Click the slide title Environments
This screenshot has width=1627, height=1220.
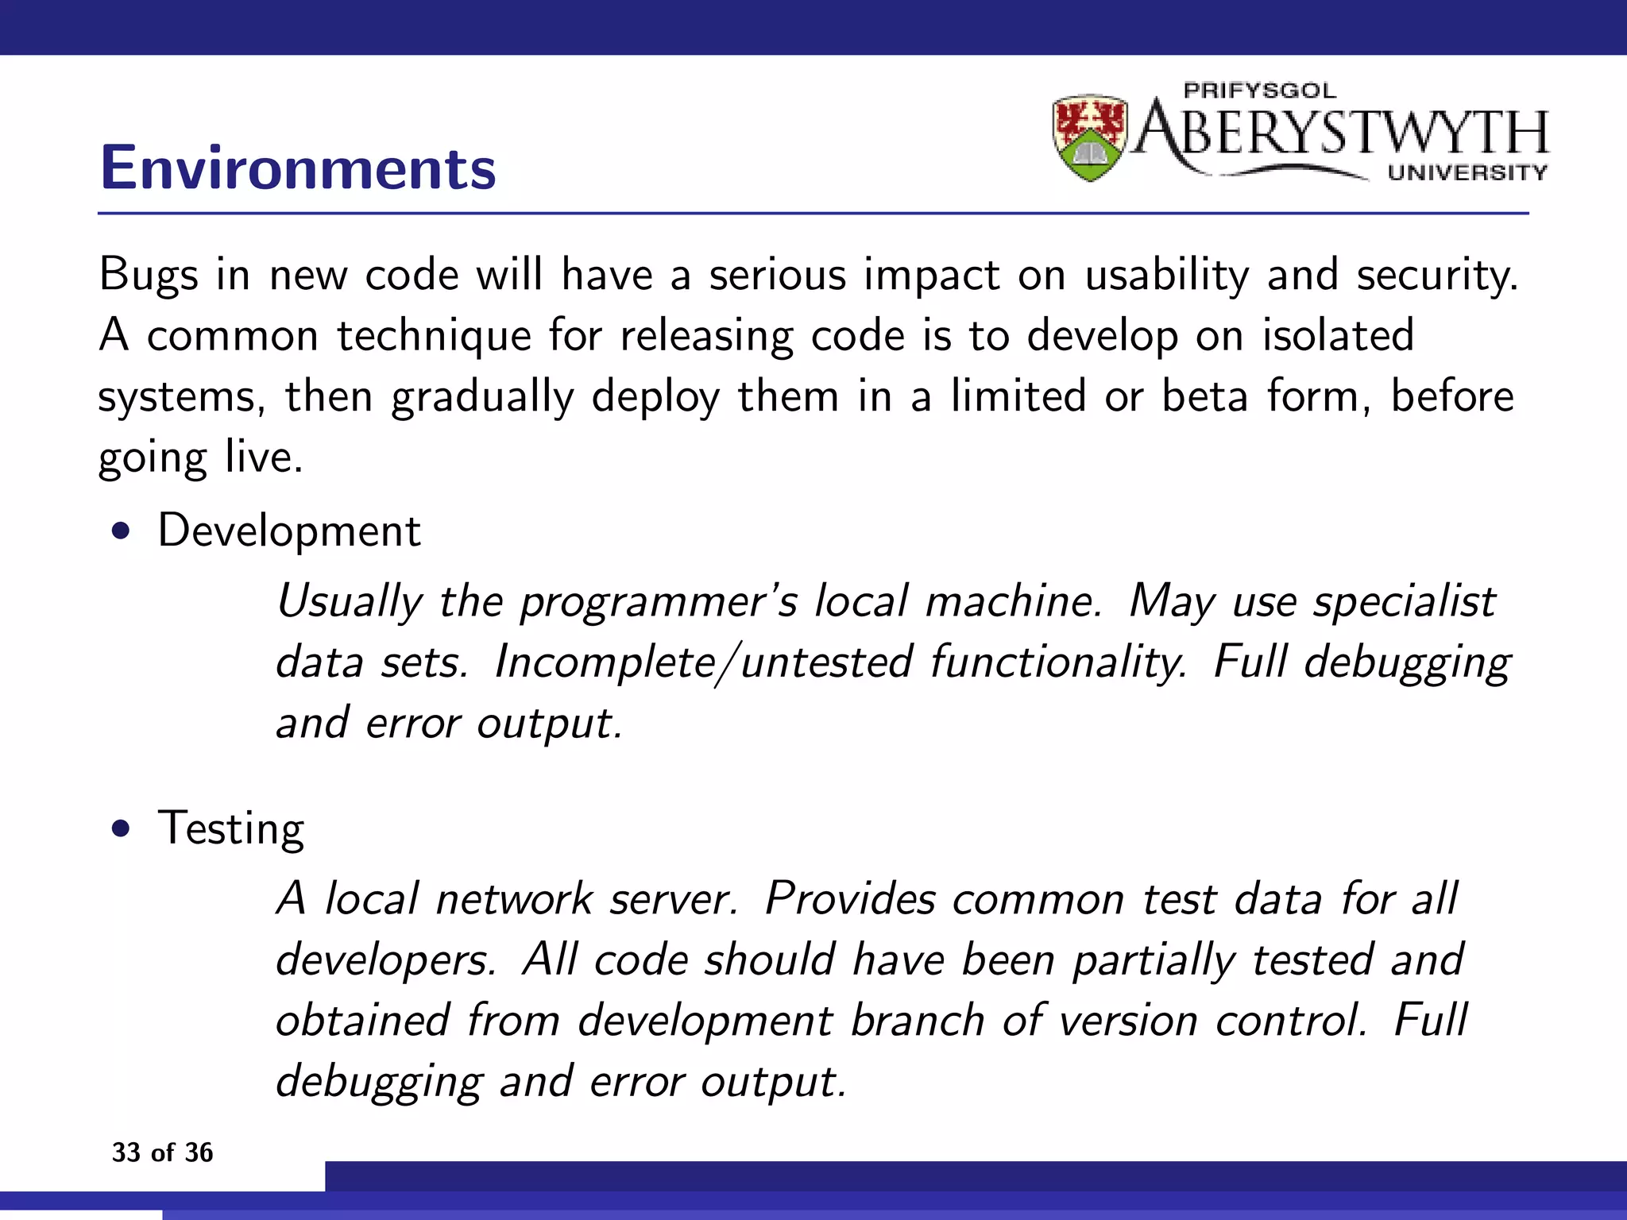[298, 168]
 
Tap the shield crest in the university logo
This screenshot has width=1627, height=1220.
[1090, 137]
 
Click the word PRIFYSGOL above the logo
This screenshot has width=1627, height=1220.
[1260, 91]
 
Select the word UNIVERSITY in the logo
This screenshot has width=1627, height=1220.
[1467, 172]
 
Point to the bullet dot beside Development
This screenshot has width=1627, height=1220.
[121, 531]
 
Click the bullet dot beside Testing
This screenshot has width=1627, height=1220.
[121, 829]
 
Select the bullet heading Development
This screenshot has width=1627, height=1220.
[289, 531]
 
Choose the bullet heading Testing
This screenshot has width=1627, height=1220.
[231, 829]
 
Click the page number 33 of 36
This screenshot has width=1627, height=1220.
[163, 1152]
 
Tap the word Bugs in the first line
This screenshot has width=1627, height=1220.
[149, 276]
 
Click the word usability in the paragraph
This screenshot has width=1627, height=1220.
[1167, 276]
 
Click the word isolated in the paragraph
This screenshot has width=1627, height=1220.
[1339, 335]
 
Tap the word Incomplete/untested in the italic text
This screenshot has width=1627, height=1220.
[703, 662]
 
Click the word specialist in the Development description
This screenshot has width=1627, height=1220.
[1404, 601]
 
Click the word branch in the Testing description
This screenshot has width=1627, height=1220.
[918, 1021]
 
